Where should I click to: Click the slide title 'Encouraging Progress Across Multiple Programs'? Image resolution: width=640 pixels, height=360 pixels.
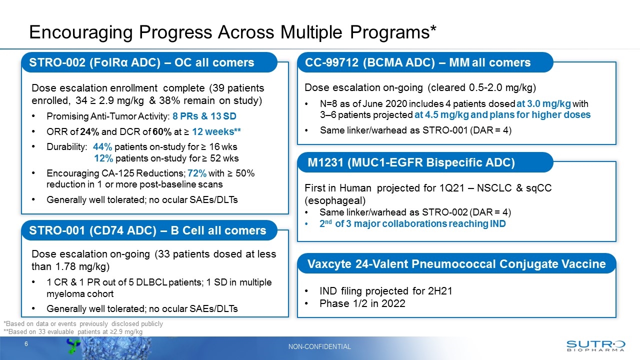232,32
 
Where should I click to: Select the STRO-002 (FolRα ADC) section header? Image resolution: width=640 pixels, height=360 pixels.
141,62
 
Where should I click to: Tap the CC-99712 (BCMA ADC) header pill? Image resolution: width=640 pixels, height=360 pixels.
417,62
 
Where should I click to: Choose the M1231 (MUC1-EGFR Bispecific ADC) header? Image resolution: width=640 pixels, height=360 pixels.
411,162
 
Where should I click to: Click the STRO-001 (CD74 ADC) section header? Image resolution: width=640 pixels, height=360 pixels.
147,230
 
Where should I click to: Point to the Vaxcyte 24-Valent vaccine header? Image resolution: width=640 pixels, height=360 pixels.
456,263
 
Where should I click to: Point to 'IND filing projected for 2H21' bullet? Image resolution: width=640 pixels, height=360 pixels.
385,291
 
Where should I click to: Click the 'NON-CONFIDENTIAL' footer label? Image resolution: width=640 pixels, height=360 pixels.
319,346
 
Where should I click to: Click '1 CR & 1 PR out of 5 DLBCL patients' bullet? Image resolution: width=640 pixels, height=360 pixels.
159,282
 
